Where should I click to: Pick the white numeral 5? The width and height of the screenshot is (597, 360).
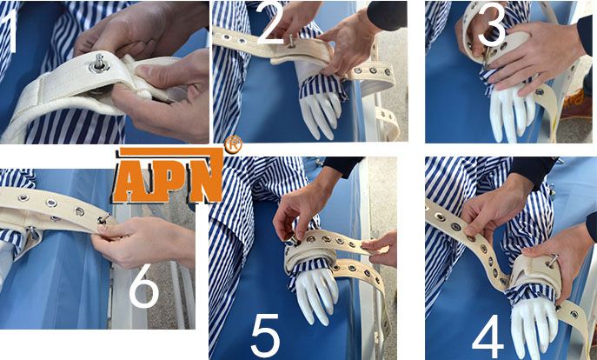point(265,336)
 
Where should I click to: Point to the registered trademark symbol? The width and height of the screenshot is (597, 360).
point(233,144)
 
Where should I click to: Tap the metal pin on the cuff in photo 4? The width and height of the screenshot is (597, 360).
point(551,261)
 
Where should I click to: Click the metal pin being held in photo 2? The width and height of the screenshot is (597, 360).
point(292,42)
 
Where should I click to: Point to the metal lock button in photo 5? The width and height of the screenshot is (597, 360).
point(292,240)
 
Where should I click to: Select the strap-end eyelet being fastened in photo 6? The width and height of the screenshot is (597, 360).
point(103,219)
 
